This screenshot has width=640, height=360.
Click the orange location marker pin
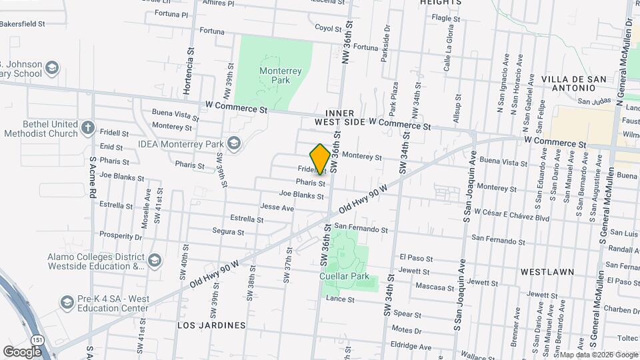320,159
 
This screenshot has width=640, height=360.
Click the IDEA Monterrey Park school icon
233,143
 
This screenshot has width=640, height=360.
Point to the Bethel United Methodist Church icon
87,127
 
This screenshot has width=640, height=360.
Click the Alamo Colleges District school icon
155,260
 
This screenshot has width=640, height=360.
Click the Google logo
22,351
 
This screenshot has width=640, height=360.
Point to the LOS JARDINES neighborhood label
211,325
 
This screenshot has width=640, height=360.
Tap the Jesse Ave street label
277,208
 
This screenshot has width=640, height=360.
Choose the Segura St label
228,232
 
